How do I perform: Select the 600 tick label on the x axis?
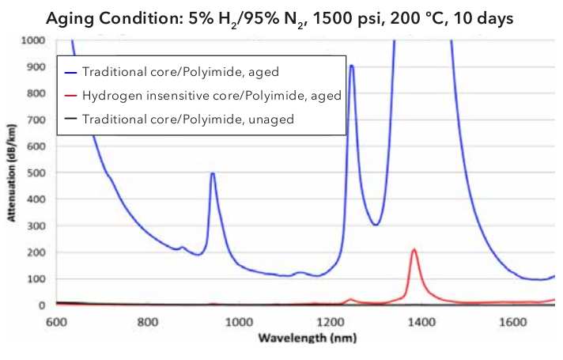point(55,322)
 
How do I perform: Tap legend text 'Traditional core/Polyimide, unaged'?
point(194,119)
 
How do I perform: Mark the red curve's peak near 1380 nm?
point(414,250)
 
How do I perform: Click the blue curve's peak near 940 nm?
point(212,173)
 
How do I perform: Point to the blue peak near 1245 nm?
point(351,66)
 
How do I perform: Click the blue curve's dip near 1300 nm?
point(376,225)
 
